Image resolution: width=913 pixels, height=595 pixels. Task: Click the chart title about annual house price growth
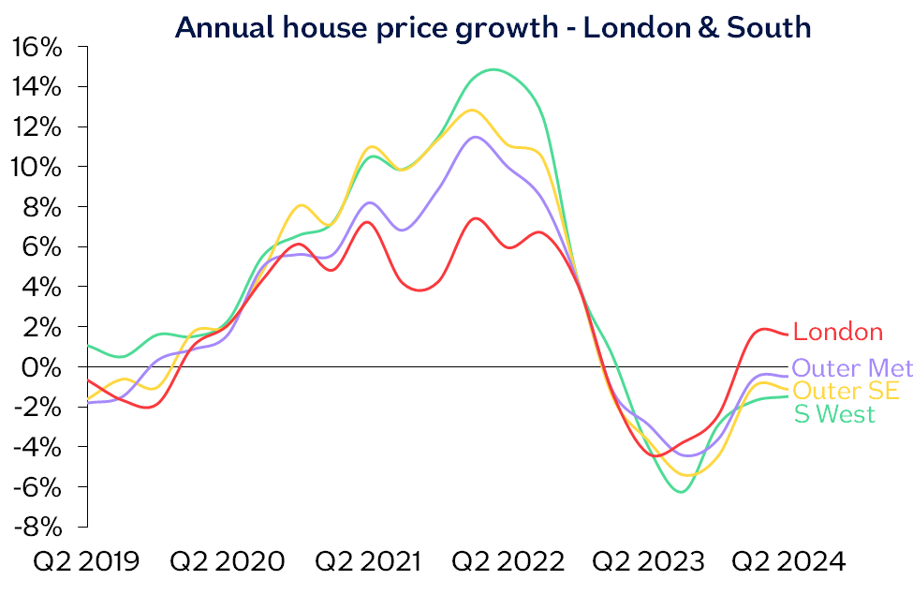click(493, 27)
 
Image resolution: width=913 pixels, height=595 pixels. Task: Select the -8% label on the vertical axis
click(39, 527)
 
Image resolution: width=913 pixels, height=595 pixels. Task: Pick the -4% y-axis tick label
click(39, 447)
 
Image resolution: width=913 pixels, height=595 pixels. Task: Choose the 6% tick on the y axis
click(44, 246)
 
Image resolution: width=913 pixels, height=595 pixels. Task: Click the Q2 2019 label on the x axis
click(86, 562)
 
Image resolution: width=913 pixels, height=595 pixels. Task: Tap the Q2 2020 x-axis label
click(228, 562)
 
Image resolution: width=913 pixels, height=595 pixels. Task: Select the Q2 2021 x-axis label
click(368, 562)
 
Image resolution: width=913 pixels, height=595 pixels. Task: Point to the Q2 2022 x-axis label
click(508, 562)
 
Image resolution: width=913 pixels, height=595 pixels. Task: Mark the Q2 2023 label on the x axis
click(649, 562)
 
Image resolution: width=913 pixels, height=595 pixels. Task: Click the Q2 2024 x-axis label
click(788, 562)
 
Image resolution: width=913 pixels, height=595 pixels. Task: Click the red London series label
click(838, 332)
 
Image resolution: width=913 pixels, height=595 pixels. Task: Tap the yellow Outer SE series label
click(846, 391)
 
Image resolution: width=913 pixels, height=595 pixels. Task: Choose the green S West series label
click(834, 414)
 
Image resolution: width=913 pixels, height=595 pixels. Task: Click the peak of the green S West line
click(493, 69)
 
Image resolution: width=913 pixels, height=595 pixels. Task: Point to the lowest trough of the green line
click(681, 491)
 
